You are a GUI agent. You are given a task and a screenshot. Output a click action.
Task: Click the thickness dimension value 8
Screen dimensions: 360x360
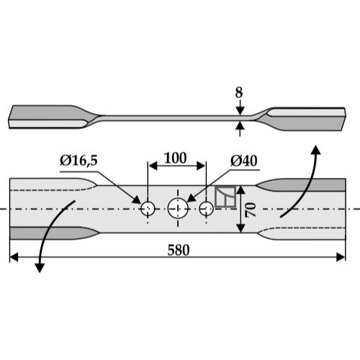coord(239,92)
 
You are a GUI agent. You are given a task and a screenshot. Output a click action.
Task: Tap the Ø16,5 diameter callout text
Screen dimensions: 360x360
coord(78,161)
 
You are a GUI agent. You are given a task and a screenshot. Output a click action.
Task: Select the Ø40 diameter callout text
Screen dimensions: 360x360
coord(244,161)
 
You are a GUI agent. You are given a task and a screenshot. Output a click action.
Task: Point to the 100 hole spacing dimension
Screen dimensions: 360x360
coord(176,158)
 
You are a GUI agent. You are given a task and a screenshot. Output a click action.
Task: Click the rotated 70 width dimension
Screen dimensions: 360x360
coord(250,210)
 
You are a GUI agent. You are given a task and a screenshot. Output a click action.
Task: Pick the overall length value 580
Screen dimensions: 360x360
coord(179,250)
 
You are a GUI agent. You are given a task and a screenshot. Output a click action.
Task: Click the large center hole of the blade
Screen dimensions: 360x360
coord(178,208)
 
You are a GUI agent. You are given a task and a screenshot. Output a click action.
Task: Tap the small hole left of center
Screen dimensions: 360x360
coord(148,209)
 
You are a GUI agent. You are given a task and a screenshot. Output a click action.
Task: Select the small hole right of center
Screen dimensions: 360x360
coord(207,208)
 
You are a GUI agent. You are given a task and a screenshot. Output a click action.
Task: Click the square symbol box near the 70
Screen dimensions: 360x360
coord(225,197)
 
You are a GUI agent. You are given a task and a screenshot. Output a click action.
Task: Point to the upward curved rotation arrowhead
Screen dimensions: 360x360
coord(316,150)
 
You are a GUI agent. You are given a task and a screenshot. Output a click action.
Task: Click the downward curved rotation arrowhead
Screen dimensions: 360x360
coord(40,268)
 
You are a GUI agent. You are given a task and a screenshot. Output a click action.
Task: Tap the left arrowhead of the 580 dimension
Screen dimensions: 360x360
coord(14,257)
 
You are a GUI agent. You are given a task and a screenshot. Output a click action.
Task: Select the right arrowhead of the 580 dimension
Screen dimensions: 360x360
coord(341,257)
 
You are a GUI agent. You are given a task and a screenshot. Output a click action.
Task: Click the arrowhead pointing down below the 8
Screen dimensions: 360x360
coord(240,111)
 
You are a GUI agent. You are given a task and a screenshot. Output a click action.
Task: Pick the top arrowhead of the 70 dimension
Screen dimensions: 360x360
coord(240,190)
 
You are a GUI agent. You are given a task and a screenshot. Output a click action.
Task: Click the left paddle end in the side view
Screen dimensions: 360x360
coord(49,117)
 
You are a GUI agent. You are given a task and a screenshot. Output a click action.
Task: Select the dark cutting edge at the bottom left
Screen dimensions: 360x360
coord(55,233)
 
